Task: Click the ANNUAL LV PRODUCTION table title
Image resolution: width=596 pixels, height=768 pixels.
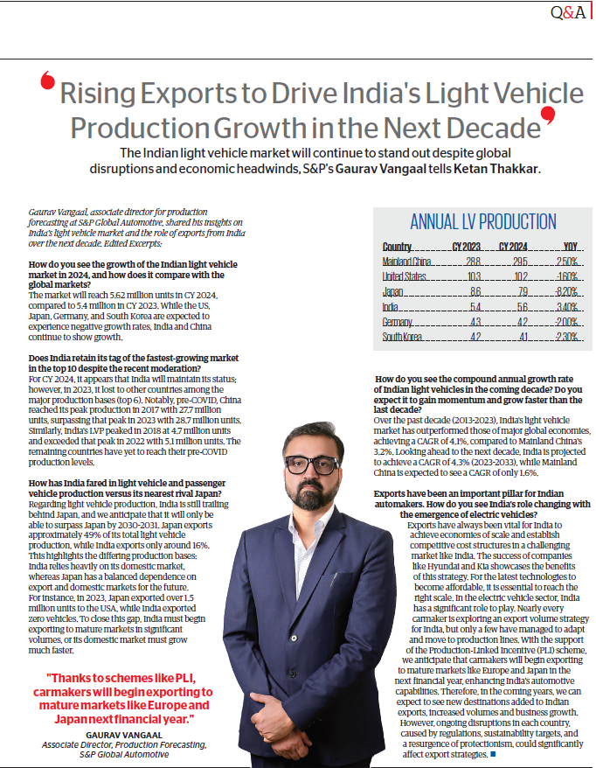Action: coord(482,221)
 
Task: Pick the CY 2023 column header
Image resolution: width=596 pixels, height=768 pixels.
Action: coord(466,247)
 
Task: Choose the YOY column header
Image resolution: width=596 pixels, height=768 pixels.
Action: coord(570,247)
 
